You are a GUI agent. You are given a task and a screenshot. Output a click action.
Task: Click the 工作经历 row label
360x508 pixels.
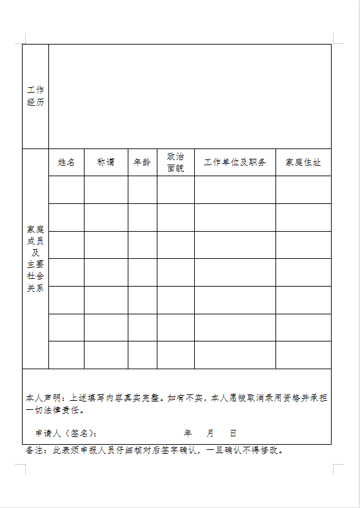point(35,96)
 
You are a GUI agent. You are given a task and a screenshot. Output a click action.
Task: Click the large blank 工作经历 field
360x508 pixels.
point(190,96)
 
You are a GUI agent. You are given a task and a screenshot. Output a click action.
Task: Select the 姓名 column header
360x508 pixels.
point(66,163)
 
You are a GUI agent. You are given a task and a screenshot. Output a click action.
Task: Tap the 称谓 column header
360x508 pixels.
point(106,163)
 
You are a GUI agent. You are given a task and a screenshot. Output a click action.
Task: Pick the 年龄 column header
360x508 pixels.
point(142,163)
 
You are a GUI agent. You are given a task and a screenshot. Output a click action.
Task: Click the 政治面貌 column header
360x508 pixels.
point(175,163)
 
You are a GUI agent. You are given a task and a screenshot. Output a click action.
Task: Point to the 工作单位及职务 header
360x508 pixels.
point(235,163)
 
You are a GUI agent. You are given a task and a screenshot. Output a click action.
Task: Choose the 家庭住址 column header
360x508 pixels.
point(303,163)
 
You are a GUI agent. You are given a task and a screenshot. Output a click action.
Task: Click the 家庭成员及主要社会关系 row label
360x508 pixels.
point(35,259)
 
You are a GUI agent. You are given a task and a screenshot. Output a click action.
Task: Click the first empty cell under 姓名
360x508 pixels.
point(66,190)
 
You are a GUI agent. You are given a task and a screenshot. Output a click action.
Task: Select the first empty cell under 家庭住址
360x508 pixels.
point(303,190)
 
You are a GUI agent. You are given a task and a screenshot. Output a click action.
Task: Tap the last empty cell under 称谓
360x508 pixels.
point(106,355)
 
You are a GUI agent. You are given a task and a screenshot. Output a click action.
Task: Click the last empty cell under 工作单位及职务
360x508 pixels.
point(235,355)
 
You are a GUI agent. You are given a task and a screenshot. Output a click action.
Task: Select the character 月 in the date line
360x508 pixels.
point(210,433)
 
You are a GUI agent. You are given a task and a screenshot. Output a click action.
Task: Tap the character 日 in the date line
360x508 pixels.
point(233,433)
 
